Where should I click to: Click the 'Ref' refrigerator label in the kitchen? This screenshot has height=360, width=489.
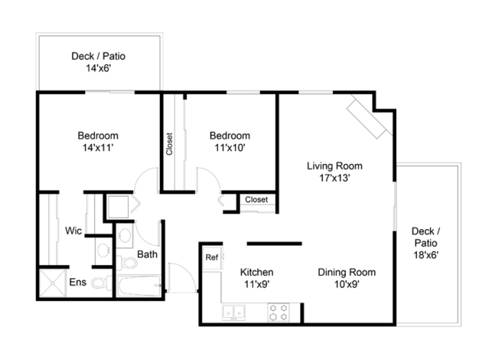click(211, 257)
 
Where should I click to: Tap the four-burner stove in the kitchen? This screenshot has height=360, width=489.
click(279, 313)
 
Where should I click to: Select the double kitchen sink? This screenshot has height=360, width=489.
click(233, 313)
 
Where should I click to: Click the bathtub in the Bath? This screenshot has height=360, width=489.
click(140, 286)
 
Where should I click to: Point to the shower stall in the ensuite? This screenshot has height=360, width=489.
click(52, 283)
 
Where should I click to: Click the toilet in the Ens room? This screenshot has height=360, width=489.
click(101, 283)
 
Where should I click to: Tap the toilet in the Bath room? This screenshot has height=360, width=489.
click(127, 263)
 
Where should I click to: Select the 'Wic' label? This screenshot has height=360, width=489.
click(73, 231)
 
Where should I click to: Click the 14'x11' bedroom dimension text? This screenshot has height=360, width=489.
click(98, 147)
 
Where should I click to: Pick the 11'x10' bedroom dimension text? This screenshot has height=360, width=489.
click(230, 147)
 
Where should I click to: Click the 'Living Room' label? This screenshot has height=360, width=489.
click(334, 165)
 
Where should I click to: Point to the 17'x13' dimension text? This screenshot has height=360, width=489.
click(334, 178)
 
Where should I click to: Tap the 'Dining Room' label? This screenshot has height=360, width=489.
click(347, 272)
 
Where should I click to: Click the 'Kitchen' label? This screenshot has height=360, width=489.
click(256, 272)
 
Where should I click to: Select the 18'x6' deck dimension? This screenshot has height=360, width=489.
click(426, 255)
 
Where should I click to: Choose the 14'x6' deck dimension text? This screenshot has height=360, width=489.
click(99, 68)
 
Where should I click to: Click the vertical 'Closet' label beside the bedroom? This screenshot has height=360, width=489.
click(169, 144)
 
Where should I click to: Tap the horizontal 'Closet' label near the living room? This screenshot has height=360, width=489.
click(256, 199)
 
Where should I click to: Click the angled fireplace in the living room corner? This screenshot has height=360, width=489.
click(370, 116)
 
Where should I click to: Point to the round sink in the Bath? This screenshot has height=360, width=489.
click(125, 235)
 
